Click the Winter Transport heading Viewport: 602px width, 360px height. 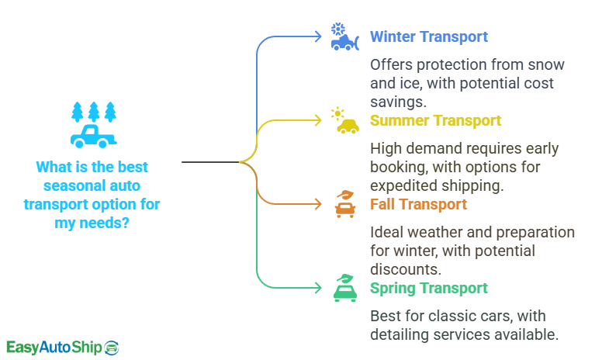(x=428, y=36)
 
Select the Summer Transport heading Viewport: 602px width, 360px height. (x=435, y=120)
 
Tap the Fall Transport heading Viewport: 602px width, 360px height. (x=418, y=204)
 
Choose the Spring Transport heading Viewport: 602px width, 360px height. (x=429, y=288)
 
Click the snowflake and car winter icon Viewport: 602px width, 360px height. (x=343, y=36)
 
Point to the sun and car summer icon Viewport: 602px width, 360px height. (x=344, y=120)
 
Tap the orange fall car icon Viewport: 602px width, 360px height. (x=344, y=203)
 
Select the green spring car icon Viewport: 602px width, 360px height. (x=344, y=287)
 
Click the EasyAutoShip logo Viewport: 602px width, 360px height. (x=62, y=347)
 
